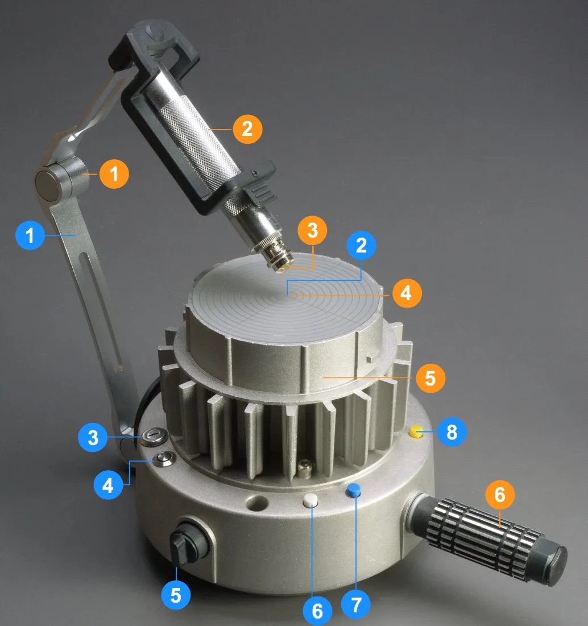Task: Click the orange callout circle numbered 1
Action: click(x=114, y=173)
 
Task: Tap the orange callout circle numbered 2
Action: click(x=247, y=129)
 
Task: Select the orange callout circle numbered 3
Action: click(x=312, y=230)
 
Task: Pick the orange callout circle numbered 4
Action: click(x=407, y=293)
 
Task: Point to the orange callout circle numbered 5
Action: click(x=430, y=378)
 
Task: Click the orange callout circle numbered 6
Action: click(x=500, y=495)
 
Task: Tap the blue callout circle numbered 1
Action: click(x=30, y=235)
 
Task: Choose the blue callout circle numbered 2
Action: click(x=361, y=245)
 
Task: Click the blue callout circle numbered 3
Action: click(x=93, y=437)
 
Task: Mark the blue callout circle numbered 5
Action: click(x=176, y=595)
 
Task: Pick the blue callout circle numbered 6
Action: click(x=317, y=611)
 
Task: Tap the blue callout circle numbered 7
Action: click(x=356, y=604)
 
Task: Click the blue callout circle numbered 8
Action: click(x=452, y=432)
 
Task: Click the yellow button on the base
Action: click(x=416, y=432)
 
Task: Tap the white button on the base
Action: click(x=310, y=500)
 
